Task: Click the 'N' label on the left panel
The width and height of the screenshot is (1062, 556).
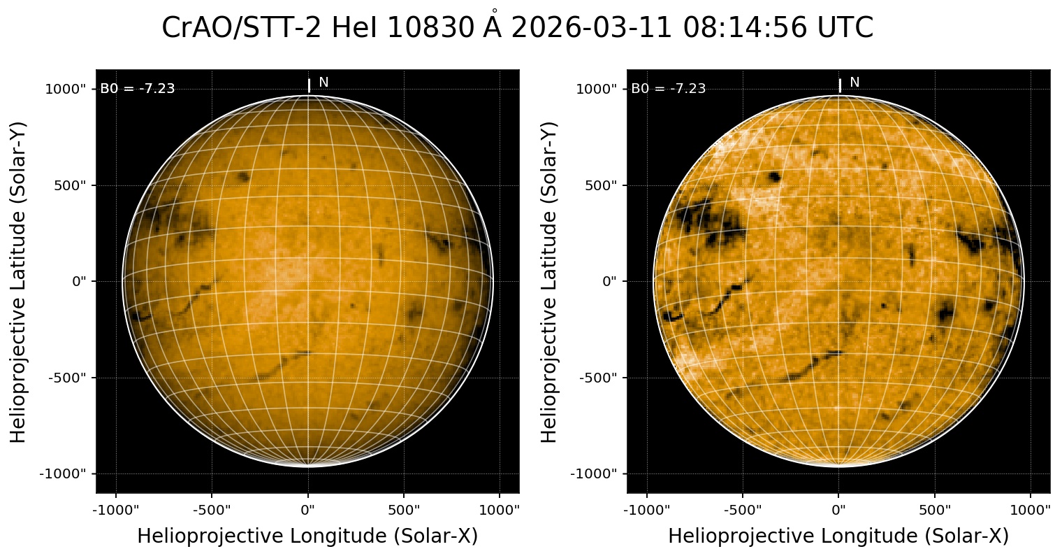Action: pos(323,83)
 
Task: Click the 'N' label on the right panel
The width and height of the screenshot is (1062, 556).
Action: pos(854,83)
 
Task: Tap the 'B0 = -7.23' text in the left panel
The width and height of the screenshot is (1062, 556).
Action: pos(138,89)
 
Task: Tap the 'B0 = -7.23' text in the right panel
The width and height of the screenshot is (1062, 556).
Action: pos(669,89)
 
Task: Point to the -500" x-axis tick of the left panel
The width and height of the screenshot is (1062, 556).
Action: pos(212,510)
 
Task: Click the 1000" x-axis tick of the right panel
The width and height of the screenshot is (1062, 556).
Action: pos(1031,510)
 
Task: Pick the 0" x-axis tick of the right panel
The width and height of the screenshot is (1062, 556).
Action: pos(839,510)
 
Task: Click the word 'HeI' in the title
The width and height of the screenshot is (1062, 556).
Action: pos(355,29)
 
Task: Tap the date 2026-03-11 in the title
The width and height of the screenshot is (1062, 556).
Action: pos(592,29)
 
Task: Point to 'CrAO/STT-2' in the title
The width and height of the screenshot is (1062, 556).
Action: pos(242,29)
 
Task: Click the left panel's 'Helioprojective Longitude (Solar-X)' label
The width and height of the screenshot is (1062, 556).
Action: pos(307,536)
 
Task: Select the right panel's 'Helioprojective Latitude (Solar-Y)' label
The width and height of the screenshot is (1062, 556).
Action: pos(550,281)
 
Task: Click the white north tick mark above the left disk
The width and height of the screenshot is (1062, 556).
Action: pos(309,85)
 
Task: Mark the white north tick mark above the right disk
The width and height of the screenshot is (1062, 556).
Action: pos(840,85)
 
